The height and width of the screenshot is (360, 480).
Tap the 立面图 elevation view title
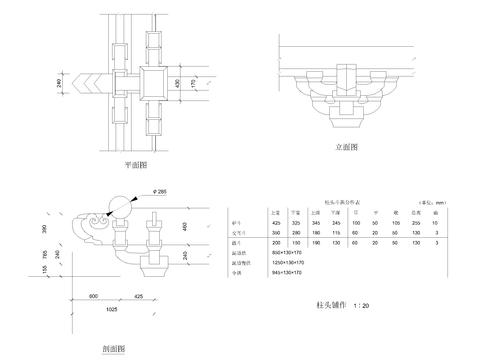coord(347,147)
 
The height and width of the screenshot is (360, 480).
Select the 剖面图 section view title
coord(113,349)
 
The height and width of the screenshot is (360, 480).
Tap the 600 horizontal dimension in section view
coord(94,297)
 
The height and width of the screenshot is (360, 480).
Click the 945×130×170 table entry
coord(284,270)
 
